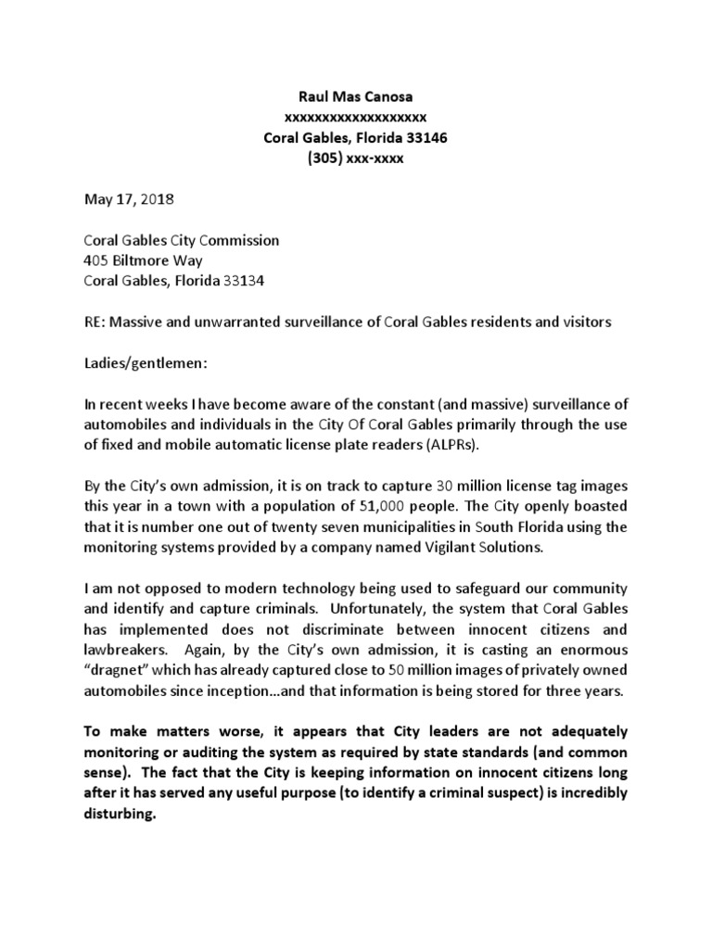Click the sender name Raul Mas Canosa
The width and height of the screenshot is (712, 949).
point(357,96)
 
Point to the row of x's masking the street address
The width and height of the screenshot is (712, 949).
point(356,118)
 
